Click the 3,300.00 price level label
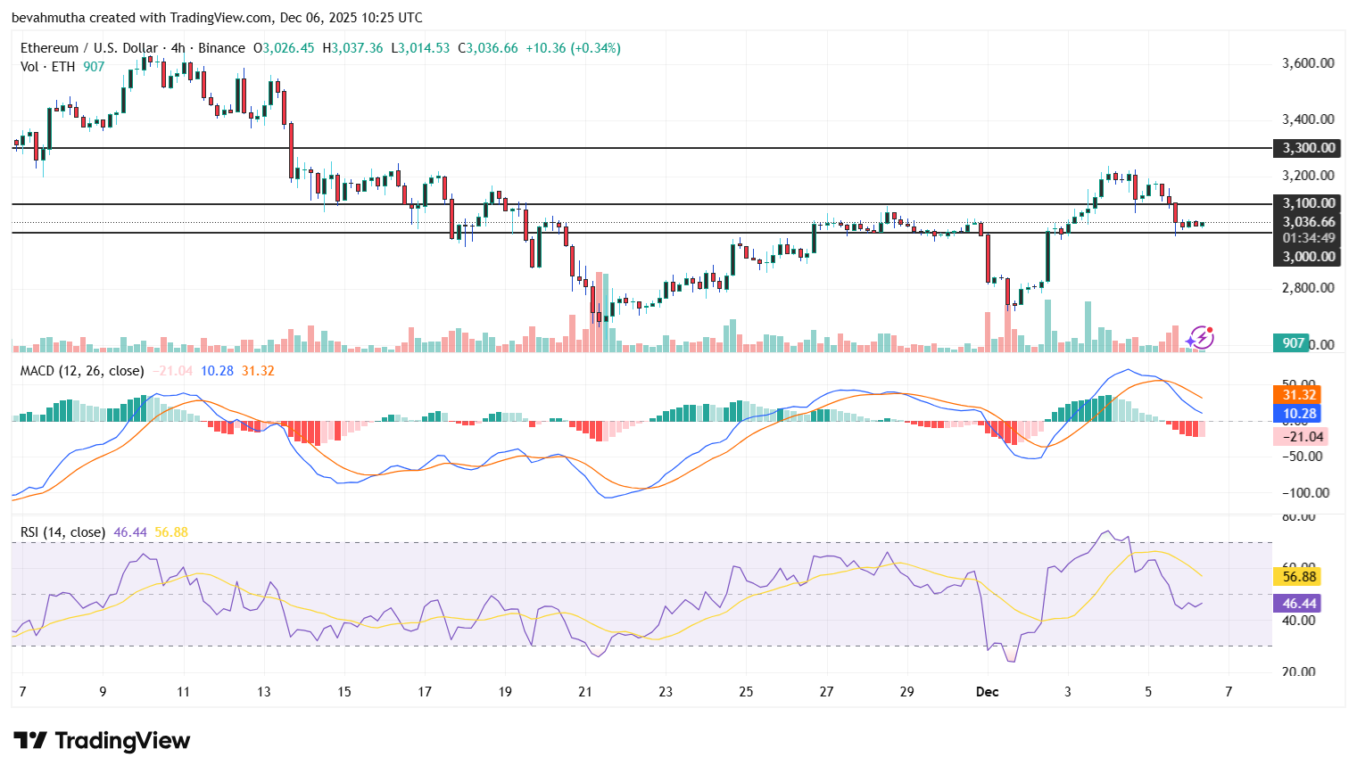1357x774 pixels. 1309,148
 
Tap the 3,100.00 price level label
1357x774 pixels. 1309,203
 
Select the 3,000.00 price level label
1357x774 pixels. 1309,257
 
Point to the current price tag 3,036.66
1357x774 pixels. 1309,222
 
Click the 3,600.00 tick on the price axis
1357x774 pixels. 1308,63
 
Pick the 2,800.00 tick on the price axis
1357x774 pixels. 1308,288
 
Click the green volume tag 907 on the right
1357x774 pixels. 1293,343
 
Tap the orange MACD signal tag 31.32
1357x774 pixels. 1299,395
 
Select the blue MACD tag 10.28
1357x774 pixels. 1299,414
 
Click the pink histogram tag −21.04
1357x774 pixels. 1303,436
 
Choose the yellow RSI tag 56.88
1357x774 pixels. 1299,577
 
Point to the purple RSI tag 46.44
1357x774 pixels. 1299,604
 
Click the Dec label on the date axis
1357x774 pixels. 987,692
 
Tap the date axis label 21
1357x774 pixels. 585,692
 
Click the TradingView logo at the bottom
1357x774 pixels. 102,741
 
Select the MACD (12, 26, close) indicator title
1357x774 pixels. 82,371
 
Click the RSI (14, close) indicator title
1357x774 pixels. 62,532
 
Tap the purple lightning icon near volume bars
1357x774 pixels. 1200,337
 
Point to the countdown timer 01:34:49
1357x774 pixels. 1309,238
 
